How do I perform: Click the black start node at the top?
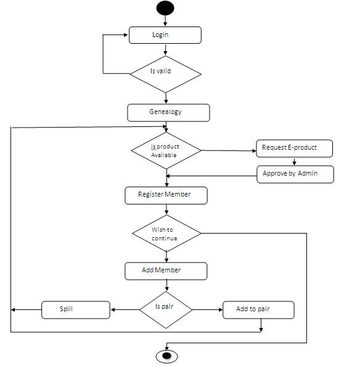(165, 7)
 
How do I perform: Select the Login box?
(165, 35)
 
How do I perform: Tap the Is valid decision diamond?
(165, 73)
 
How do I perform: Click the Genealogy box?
(168, 113)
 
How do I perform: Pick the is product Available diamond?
(166, 151)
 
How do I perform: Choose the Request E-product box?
(295, 149)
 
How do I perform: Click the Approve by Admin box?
(295, 174)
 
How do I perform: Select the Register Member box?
(165, 195)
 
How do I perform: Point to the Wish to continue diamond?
(166, 234)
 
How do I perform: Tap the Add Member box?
(166, 271)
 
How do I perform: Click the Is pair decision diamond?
(166, 309)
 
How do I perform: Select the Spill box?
(75, 309)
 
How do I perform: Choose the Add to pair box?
(258, 309)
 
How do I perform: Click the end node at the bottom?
(166, 356)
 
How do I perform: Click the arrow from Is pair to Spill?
(125, 309)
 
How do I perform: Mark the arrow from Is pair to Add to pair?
(207, 309)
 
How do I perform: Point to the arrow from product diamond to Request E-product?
(228, 150)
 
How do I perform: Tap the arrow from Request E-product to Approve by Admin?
(294, 161)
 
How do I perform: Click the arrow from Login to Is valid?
(166, 50)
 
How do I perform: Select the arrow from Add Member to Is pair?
(166, 285)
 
